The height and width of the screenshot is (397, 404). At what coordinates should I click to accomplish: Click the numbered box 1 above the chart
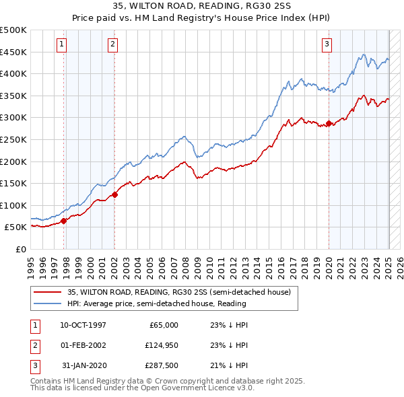pos(61,45)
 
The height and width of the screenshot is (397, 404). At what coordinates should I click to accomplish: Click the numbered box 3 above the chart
pos(327,45)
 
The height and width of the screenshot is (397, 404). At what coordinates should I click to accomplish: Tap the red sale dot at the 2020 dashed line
pos(329,124)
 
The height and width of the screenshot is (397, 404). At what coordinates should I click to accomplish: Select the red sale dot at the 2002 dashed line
pos(114,195)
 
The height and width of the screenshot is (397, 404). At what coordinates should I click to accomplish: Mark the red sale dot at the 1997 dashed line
pos(64,221)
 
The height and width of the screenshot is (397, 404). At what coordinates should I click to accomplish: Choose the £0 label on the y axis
pos(21,249)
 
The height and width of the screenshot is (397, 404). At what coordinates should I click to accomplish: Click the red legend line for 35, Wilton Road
pos(47,293)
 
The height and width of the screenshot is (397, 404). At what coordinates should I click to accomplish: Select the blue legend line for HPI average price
pos(47,303)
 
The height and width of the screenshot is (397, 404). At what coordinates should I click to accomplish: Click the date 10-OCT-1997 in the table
pos(83,325)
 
